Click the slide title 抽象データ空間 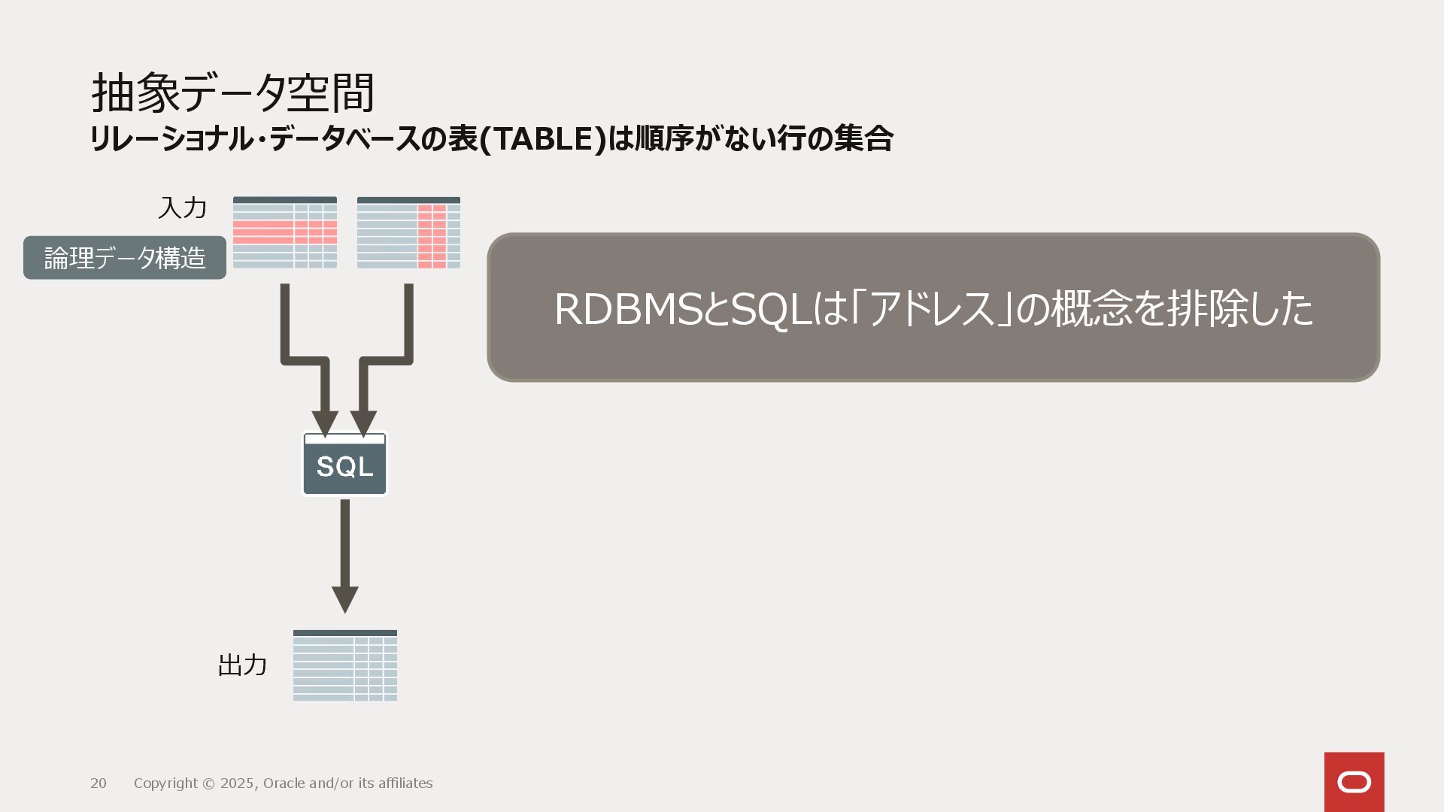tap(232, 93)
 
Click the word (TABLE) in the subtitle tap(541, 139)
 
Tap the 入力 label tap(182, 208)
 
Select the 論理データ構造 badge tap(125, 258)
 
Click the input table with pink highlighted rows tap(285, 232)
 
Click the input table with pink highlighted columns tap(408, 232)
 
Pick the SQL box tap(344, 465)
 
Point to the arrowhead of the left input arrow tap(325, 423)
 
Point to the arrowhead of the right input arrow tap(364, 423)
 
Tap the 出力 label tap(242, 665)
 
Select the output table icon tap(345, 665)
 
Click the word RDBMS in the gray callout tap(628, 309)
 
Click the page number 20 tap(99, 783)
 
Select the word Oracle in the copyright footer tap(284, 783)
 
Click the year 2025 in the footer tap(237, 783)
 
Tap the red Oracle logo tap(1354, 782)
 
